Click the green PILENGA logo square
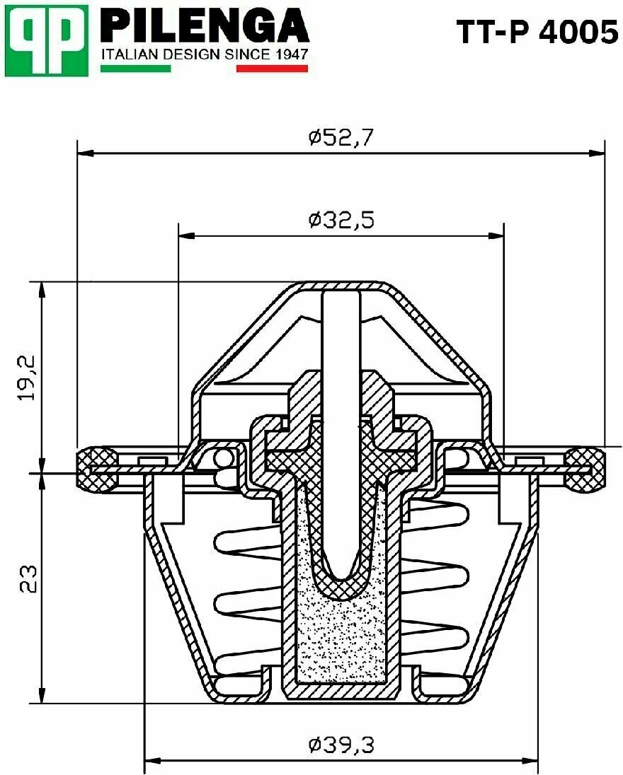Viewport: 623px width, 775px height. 47,40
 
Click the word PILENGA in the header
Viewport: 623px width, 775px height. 205,25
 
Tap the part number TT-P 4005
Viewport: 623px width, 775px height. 537,33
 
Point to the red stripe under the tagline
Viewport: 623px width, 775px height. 272,69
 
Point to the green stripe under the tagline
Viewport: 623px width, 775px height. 136,69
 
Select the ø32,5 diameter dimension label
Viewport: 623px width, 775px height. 341,220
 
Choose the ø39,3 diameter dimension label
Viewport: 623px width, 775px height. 341,744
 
